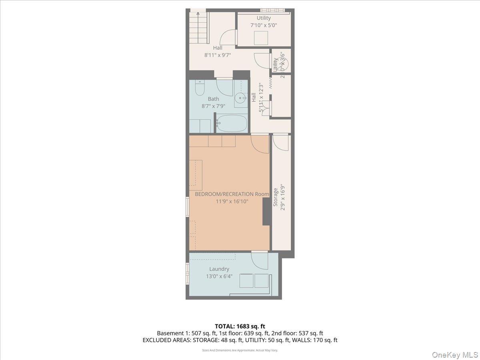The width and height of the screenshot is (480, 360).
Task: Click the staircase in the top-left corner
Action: pos(199,27)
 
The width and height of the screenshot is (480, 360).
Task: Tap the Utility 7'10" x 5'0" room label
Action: pos(264,18)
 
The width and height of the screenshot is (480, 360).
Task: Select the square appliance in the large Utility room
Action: pos(261,38)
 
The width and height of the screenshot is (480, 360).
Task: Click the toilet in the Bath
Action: pos(200,87)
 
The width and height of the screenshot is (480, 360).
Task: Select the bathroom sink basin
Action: pos(241,97)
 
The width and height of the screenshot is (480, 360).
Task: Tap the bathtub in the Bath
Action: pos(232,123)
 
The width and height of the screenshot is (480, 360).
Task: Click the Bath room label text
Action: pos(213,99)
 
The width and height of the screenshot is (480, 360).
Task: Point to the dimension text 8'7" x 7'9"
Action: pos(213,106)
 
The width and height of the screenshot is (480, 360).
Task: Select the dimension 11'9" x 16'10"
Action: pos(232,202)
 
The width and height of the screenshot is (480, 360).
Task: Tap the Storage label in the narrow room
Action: pos(276,197)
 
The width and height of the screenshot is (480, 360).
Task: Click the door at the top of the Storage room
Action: pos(281,142)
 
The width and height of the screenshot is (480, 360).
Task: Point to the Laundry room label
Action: pos(219,269)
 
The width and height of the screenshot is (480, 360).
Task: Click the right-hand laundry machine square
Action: pos(262,280)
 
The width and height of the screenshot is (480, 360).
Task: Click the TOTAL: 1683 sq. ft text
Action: pos(240,326)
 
